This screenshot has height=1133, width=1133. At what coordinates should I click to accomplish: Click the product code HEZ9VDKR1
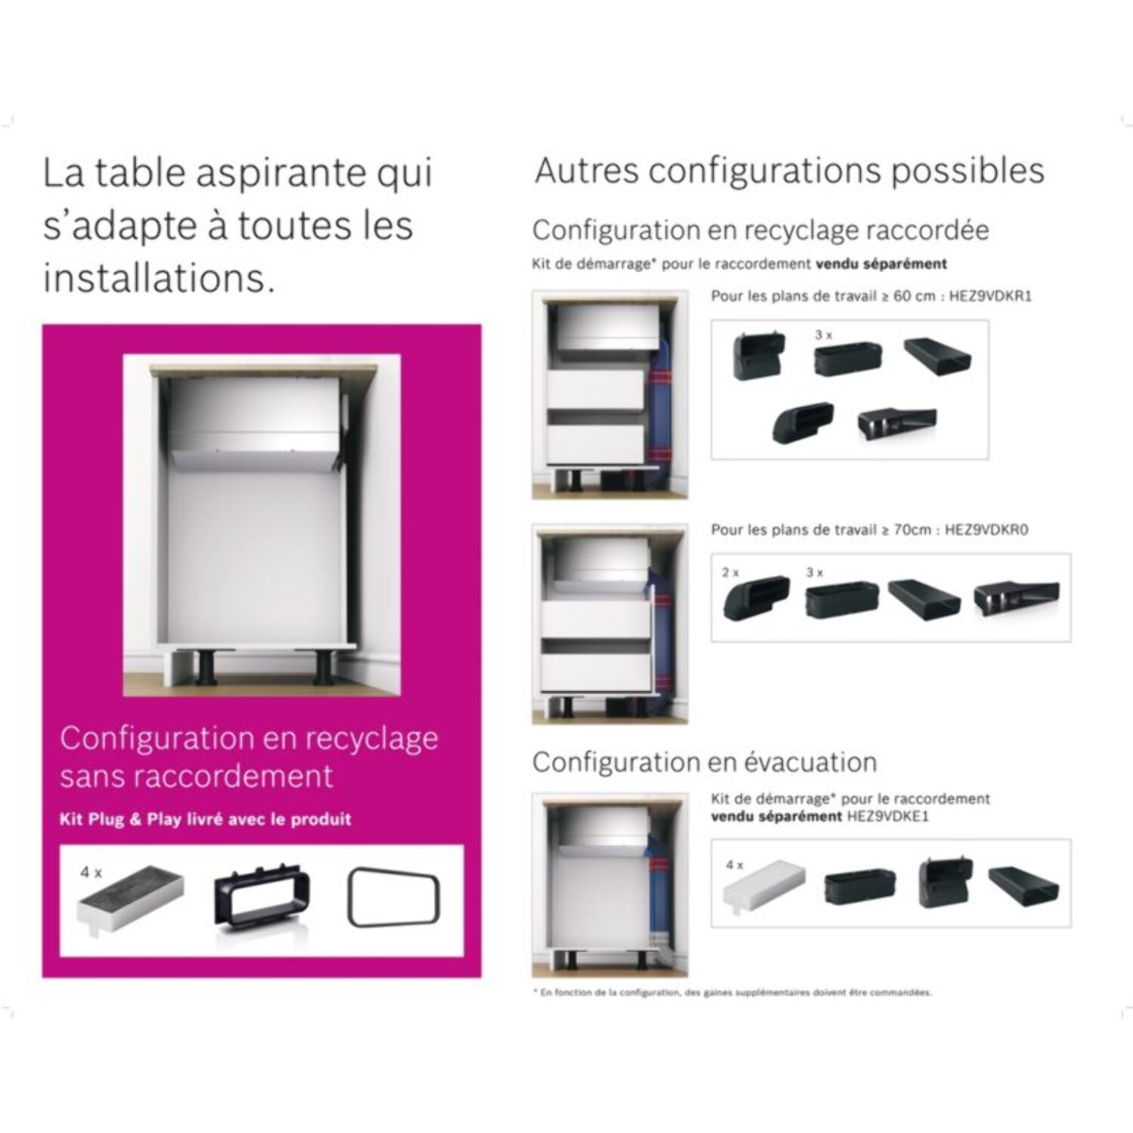point(989,296)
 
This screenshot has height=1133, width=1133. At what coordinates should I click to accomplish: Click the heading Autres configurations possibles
point(789,171)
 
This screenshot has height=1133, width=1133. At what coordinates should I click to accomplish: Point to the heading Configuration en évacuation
point(704,762)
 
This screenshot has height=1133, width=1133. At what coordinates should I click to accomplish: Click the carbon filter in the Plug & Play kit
point(130,901)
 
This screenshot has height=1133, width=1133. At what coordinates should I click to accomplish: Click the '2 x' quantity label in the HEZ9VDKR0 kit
point(730,573)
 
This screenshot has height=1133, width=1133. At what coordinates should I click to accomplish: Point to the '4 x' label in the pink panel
point(91,872)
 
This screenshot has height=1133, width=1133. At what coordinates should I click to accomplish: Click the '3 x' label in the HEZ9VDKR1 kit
point(823,335)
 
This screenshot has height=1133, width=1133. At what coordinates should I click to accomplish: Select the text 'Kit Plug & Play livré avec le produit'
point(205,820)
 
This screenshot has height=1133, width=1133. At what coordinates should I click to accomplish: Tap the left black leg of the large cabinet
point(206,666)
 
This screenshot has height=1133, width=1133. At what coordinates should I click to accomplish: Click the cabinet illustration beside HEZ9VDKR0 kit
point(610,624)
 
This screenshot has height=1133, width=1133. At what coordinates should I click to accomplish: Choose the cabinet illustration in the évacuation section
point(610,884)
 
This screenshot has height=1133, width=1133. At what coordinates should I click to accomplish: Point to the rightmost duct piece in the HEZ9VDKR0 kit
point(1016,595)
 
